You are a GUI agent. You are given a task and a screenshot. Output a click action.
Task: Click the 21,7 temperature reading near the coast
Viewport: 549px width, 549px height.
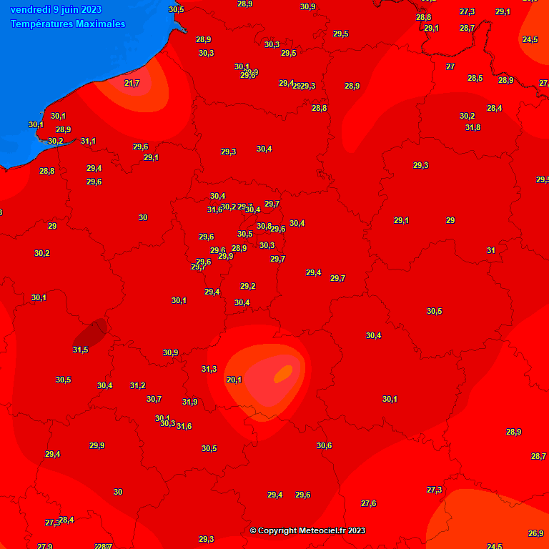[x=132, y=84]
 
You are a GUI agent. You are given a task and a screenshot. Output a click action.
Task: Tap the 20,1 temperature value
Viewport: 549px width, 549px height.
[x=234, y=380]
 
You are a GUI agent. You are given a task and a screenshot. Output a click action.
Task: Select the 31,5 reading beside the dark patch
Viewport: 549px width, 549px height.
[x=80, y=350]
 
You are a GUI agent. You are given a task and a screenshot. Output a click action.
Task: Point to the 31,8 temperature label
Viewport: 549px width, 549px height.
[x=473, y=128]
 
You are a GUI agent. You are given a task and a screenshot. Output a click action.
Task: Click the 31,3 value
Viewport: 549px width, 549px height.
[x=209, y=370]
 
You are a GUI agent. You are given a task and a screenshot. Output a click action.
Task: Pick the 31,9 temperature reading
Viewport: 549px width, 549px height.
[x=189, y=402]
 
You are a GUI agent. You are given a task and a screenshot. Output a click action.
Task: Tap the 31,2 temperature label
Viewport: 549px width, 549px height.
[x=137, y=385]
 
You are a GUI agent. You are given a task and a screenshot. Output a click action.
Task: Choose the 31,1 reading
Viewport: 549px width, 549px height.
[x=88, y=141]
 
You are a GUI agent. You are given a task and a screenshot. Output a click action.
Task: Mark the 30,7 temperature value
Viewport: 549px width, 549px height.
[x=154, y=400]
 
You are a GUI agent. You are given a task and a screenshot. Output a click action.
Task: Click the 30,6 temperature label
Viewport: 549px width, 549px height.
[x=324, y=445]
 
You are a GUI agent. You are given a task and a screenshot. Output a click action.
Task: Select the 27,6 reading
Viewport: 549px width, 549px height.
[x=368, y=504]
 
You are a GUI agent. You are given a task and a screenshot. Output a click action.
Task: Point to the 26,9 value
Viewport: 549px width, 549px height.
[x=535, y=534]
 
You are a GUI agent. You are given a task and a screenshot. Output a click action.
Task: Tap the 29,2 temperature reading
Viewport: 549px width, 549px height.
[x=247, y=287]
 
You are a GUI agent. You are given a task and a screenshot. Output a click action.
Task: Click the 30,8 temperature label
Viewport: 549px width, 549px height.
[x=264, y=227]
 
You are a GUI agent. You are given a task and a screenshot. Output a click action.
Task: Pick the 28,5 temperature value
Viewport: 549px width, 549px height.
[x=475, y=79]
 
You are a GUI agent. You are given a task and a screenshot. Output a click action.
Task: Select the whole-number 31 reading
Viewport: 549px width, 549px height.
[x=491, y=251]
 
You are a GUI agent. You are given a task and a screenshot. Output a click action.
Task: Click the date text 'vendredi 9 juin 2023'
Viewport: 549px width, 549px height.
[x=56, y=10]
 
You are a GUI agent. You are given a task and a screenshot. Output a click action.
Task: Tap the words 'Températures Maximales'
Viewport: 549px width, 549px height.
[x=68, y=24]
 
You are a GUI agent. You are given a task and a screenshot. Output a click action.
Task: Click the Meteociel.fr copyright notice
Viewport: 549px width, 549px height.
[x=307, y=530]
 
